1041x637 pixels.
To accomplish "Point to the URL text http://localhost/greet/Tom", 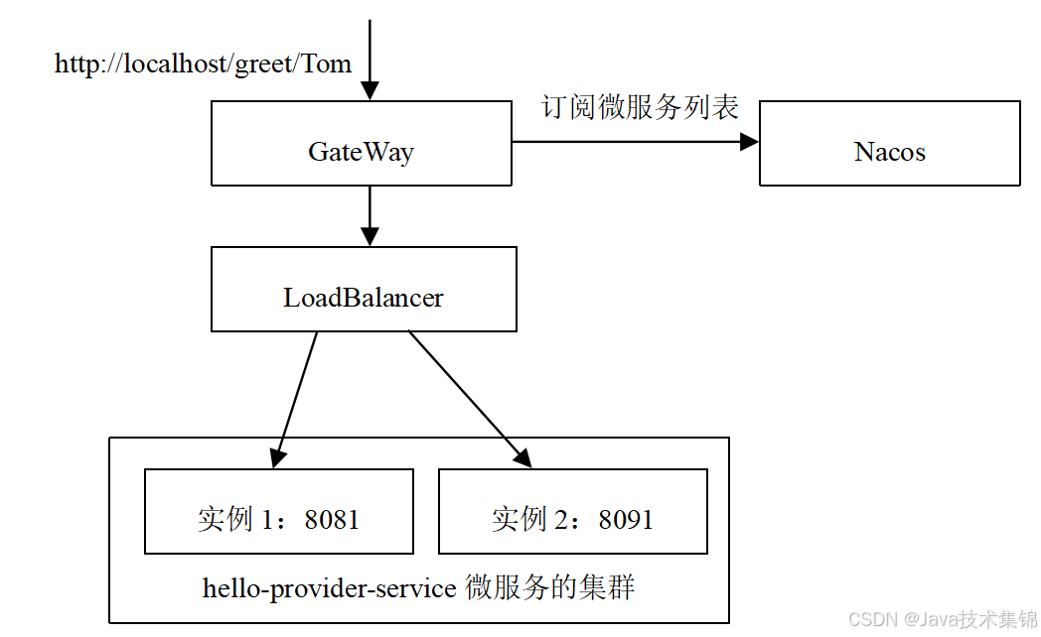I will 203,64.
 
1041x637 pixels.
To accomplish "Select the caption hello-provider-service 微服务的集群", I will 418,587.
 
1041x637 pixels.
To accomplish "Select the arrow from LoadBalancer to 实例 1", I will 297,398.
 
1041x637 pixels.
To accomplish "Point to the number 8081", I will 332,520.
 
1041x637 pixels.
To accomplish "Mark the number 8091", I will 626,520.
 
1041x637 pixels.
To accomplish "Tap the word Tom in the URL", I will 327,64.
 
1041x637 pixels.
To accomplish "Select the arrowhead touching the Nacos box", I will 749,142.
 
